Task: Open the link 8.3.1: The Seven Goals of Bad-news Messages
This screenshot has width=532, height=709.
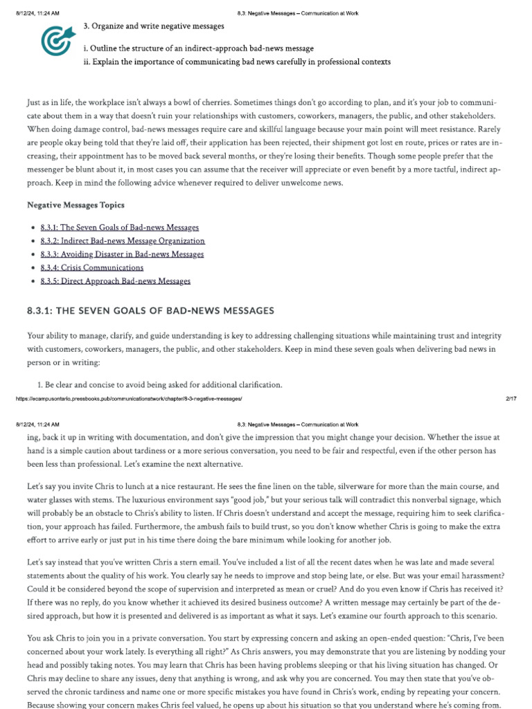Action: pos(119,228)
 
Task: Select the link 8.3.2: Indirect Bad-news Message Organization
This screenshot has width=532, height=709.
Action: pos(122,241)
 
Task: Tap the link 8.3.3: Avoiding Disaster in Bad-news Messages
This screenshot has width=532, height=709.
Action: pos(122,254)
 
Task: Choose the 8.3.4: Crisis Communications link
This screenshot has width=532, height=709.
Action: pos(91,267)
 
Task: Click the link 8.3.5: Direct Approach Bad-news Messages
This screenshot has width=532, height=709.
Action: pos(115,281)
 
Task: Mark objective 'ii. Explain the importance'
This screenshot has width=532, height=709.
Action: pos(236,62)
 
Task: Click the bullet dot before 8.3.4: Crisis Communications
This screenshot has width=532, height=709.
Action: pos(33,268)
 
